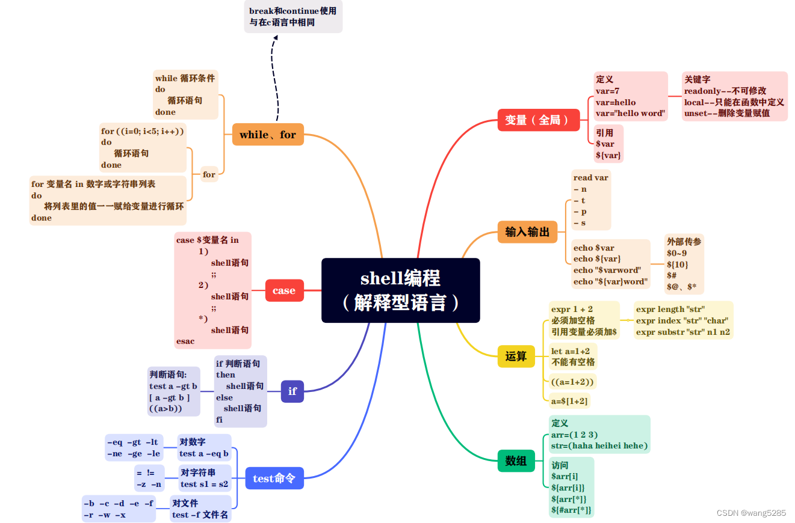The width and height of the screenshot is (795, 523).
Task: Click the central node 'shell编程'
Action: (x=400, y=290)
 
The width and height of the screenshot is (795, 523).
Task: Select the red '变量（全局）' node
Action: (x=538, y=120)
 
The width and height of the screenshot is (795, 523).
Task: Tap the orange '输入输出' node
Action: (x=527, y=231)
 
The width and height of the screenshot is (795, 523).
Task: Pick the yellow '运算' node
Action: (x=516, y=356)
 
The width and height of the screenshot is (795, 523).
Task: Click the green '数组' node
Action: (x=516, y=461)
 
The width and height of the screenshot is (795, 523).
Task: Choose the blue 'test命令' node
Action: (x=274, y=479)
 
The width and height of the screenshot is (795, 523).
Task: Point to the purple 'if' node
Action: (x=292, y=391)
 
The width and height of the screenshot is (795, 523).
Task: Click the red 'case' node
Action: (x=284, y=290)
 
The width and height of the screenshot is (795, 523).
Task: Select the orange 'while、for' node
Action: (x=268, y=135)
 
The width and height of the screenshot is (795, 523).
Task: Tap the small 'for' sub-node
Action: (x=209, y=174)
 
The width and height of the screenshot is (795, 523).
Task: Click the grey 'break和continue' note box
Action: (x=293, y=17)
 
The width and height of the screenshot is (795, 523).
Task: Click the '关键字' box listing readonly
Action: (x=734, y=96)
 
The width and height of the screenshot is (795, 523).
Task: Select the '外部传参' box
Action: (x=684, y=264)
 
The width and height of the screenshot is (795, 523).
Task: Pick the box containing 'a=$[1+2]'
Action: (x=569, y=401)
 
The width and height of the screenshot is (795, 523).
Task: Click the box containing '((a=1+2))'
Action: (x=572, y=382)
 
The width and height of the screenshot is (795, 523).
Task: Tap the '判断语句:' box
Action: (x=173, y=391)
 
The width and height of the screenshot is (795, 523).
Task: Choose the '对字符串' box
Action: (x=204, y=478)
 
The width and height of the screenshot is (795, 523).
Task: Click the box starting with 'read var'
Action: (x=590, y=200)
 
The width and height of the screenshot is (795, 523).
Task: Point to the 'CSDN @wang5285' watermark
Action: (x=750, y=513)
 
